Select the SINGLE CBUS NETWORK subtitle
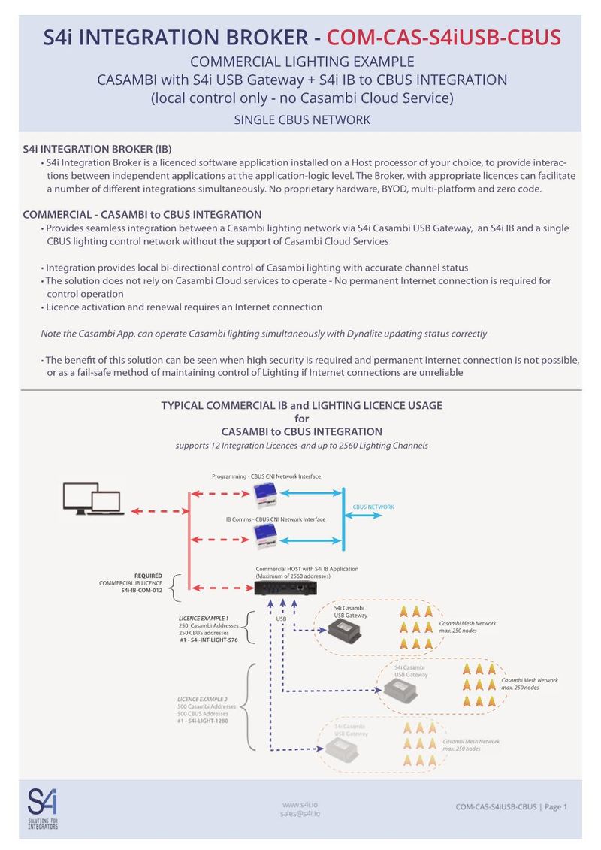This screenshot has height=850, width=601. pos(302,119)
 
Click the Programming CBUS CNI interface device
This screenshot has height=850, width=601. pos(266,495)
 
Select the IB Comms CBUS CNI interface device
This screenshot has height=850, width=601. pos(266,536)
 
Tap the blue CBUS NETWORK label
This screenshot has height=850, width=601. pos(373,507)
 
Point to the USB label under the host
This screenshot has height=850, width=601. pos(280,619)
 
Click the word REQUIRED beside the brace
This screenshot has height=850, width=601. pos(148,576)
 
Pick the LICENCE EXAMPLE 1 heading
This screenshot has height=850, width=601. pos(198,618)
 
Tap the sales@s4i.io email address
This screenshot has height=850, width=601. pos(300,813)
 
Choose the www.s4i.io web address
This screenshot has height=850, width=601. pos(300,803)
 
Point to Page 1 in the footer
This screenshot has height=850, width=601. pos(556,807)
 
